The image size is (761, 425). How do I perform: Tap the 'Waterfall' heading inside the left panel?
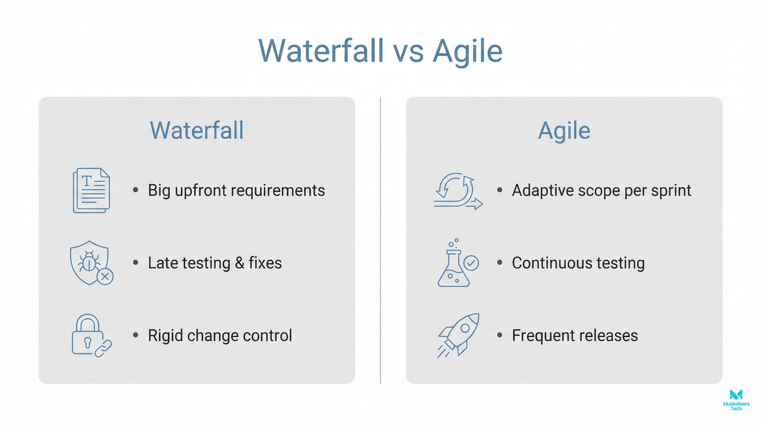pos(197,130)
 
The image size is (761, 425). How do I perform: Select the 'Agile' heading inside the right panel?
pos(564,130)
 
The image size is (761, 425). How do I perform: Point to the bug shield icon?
pos(89,262)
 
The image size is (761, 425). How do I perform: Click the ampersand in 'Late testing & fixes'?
pos(239,263)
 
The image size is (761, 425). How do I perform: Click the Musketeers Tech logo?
pos(736,400)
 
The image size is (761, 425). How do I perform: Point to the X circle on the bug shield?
pos(105,277)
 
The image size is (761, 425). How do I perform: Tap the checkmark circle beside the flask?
pos(471,263)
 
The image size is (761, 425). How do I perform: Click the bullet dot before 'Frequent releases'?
pos(500,335)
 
